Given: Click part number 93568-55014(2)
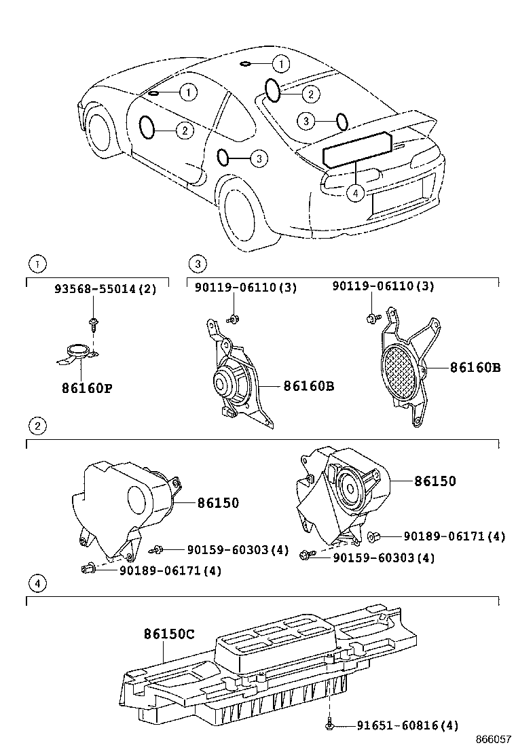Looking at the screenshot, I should tap(105, 288).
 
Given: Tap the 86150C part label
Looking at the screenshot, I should tap(168, 634).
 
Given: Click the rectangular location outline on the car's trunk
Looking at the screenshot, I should tap(358, 150).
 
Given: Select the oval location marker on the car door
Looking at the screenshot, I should tap(146, 126).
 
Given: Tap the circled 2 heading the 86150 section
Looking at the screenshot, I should tap(37, 426).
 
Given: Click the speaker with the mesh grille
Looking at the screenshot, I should tap(403, 373).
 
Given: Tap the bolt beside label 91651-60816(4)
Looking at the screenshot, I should tap(329, 726).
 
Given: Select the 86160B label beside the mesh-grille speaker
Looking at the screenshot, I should tap(475, 367).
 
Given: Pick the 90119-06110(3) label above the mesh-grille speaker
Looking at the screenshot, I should tap(384, 287).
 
